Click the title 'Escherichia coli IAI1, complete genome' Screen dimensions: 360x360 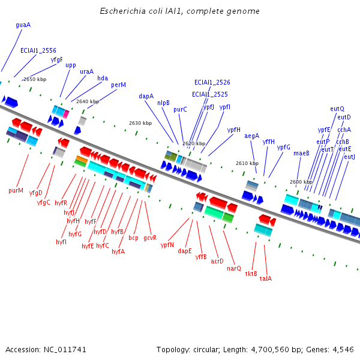[x=179, y=11]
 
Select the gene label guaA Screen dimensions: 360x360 [x=23, y=25]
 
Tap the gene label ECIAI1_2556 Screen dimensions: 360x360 [x=38, y=51]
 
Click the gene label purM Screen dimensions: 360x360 [x=16, y=191]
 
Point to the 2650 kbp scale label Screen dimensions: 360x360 [x=34, y=79]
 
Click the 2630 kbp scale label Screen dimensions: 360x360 [x=140, y=123]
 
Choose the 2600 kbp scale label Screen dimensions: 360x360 [x=301, y=182]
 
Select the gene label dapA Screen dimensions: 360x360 [x=146, y=96]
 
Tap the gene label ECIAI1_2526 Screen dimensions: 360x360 [x=212, y=82]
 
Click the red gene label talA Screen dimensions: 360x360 [x=266, y=278]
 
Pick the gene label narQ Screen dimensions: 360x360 [x=234, y=268]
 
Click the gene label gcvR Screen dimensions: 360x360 [x=150, y=238]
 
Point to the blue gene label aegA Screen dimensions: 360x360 [x=252, y=136]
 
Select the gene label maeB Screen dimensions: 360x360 [x=301, y=153]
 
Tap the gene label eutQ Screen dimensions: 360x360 [x=337, y=109]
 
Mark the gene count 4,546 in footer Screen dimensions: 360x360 [x=342, y=349]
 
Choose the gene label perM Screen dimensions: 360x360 [x=118, y=85]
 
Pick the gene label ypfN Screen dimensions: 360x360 [x=167, y=245]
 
